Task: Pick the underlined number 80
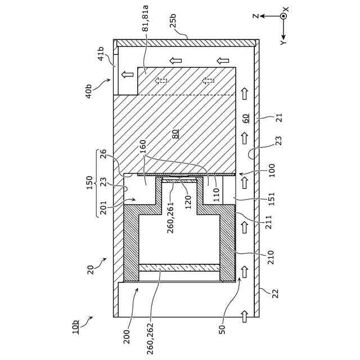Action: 175,134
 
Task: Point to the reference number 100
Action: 272,170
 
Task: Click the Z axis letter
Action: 255,16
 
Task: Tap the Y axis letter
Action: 283,42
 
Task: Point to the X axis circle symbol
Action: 283,16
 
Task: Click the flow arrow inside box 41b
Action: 127,74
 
